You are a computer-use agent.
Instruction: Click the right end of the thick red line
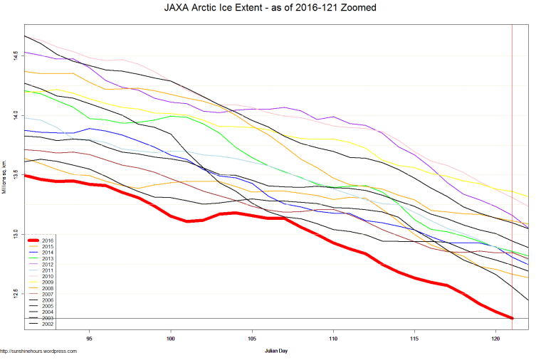pos(513,317)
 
